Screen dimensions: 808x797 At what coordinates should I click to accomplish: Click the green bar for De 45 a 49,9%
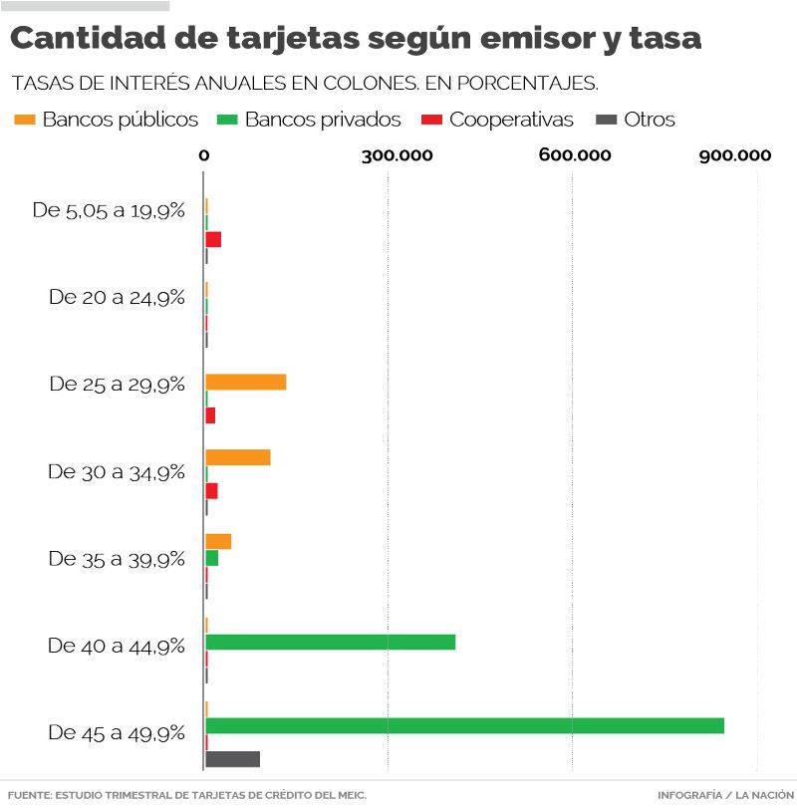point(464,725)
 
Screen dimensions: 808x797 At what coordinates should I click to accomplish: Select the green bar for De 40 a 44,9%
point(330,642)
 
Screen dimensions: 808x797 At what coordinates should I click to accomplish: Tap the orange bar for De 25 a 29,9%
point(245,382)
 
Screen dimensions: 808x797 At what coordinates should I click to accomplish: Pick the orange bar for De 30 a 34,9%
point(237,457)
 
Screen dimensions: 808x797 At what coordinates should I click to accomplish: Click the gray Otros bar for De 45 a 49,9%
point(232,759)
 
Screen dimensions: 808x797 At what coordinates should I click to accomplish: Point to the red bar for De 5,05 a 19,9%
point(213,239)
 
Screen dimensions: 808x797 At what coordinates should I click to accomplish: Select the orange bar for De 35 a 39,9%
point(218,541)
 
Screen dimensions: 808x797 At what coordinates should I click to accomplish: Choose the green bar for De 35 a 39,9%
point(211,558)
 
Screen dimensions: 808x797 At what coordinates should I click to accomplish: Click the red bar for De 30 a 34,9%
point(211,491)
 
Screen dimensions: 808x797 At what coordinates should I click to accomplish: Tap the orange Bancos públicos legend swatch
point(24,120)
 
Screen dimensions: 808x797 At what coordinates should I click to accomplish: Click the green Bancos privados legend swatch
point(226,120)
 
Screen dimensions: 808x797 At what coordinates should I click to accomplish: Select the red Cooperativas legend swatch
point(431,120)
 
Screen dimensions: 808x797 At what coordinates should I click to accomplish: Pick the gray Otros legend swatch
point(605,120)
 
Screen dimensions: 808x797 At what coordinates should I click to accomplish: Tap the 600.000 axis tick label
point(575,154)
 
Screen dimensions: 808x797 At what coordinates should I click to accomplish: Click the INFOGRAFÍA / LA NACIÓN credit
point(725,795)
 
